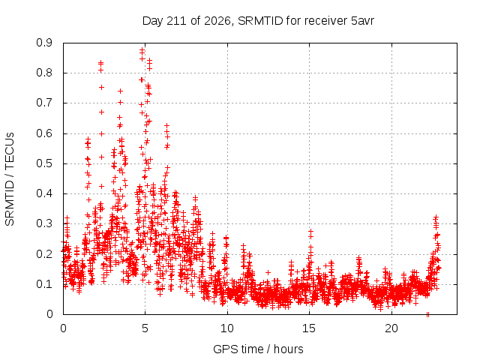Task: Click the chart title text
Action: pyautogui.click(x=258, y=21)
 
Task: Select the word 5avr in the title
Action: pyautogui.click(x=362, y=21)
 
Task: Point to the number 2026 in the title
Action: pyautogui.click(x=217, y=21)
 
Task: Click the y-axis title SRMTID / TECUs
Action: pyautogui.click(x=10, y=179)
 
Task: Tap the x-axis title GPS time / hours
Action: pyautogui.click(x=258, y=349)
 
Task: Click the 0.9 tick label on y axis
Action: pyautogui.click(x=44, y=43)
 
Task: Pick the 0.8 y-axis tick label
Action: pyautogui.click(x=44, y=73)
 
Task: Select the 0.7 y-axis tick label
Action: pyautogui.click(x=44, y=103)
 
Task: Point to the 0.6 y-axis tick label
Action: pyautogui.click(x=44, y=133)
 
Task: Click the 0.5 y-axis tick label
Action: pyautogui.click(x=44, y=163)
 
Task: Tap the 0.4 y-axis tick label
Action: pyautogui.click(x=44, y=193)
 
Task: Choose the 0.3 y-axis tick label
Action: pyautogui.click(x=44, y=223)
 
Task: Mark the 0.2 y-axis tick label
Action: pyautogui.click(x=44, y=254)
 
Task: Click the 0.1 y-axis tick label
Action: pyautogui.click(x=44, y=284)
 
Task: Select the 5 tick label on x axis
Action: pyautogui.click(x=145, y=328)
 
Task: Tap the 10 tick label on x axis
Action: pyautogui.click(x=227, y=328)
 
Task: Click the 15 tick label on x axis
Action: pyautogui.click(x=309, y=328)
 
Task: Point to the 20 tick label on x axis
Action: pyautogui.click(x=391, y=328)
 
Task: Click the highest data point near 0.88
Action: pyautogui.click(x=142, y=49)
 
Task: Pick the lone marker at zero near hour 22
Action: pyautogui.click(x=427, y=314)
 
